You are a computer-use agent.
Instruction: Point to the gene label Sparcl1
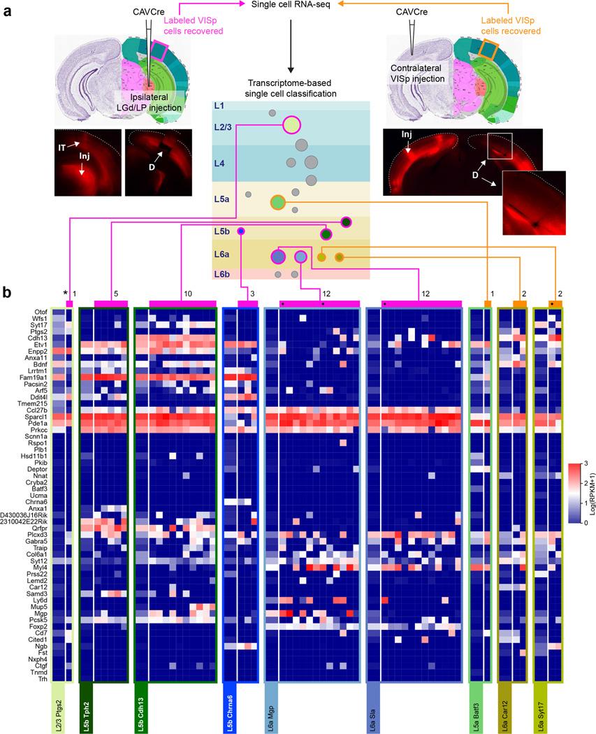click(36, 417)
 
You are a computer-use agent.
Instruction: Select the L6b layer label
click(223, 275)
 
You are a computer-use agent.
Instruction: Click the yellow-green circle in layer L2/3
click(291, 127)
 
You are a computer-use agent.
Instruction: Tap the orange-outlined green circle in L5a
click(277, 203)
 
